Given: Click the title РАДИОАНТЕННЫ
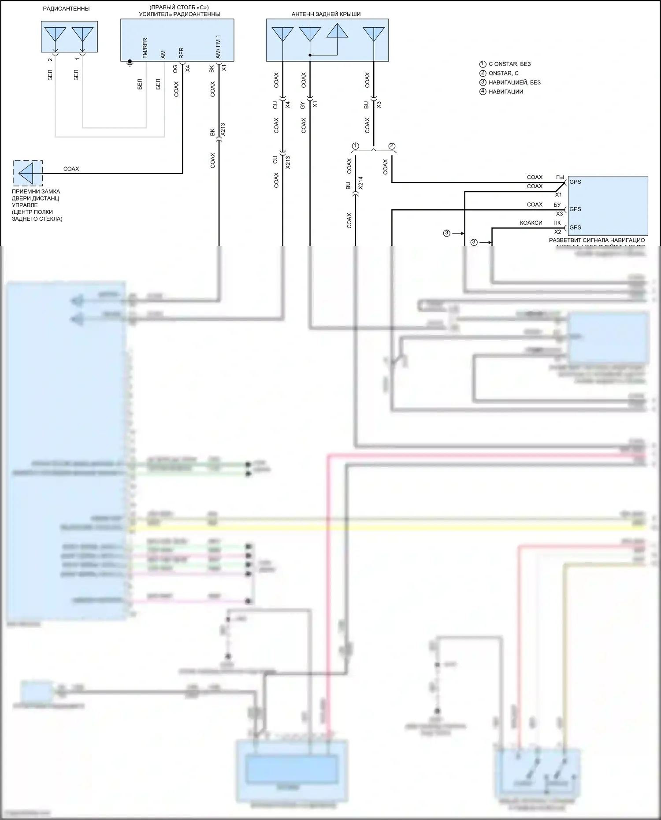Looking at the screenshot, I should coord(66,9).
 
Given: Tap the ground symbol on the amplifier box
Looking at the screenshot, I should coord(130,63).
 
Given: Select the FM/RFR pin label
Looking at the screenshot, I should coord(145,48).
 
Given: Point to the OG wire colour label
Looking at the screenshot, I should coord(175,69).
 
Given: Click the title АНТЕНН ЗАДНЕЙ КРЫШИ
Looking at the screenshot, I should coord(326,14).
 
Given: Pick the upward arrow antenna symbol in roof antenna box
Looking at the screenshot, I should coord(338,32).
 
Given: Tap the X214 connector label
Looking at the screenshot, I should coord(360,183).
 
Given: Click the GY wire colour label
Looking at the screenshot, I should coord(303,105).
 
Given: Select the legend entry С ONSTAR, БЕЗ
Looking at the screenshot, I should coord(509,64).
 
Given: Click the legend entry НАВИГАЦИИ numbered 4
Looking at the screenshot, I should coord(506,92).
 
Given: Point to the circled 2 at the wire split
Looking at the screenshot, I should coord(392,146).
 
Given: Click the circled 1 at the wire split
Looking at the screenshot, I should coord(356,146).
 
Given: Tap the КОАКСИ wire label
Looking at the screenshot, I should coord(531,223).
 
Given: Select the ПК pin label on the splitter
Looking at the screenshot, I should coord(557,223).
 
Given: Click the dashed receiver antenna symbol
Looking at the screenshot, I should coord(28,173).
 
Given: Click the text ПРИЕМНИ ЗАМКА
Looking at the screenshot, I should coord(36,192).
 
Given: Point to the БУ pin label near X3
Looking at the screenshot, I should coord(557,205).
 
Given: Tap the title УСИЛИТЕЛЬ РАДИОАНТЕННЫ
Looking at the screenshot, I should coord(179,14).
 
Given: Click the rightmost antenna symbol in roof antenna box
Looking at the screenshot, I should coord(373,34).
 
